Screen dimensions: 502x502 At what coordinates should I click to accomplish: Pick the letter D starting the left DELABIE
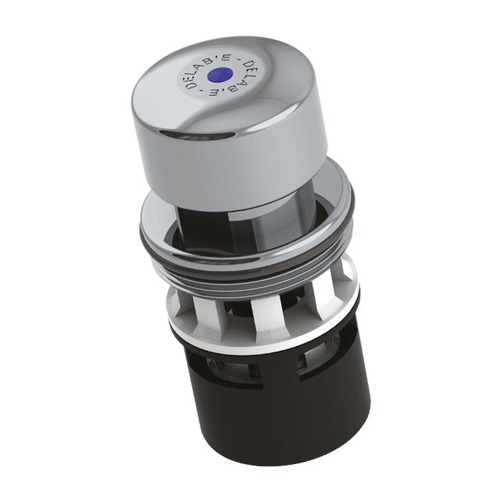pyautogui.click(x=191, y=86)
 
